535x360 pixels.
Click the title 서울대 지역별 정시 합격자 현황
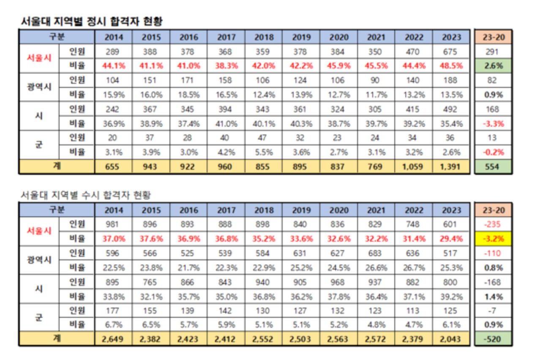(92, 21)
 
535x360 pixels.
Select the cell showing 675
(451, 52)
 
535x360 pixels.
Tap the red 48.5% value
(451, 66)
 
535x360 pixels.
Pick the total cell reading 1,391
(451, 166)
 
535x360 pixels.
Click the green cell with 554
(493, 166)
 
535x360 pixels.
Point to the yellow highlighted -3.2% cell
(493, 239)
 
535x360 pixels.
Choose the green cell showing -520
(493, 339)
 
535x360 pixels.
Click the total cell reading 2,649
(113, 339)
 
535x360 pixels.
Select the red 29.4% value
(451, 239)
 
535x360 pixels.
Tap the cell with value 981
(113, 224)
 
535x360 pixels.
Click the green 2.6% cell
(493, 66)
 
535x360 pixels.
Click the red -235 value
(493, 224)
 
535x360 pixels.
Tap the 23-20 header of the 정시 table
(493, 37)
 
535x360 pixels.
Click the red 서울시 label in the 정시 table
(39, 59)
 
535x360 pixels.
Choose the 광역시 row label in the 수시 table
(39, 260)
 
